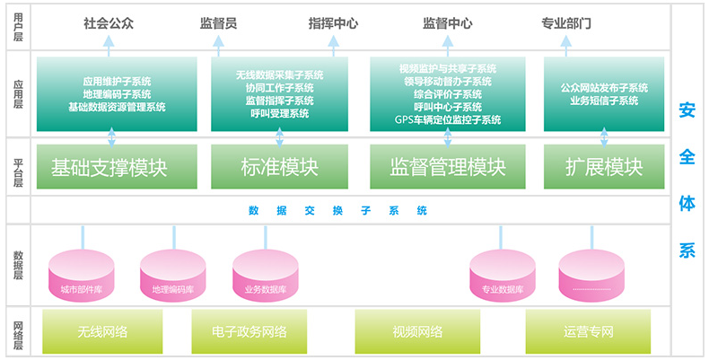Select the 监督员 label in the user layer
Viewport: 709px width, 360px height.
[218, 23]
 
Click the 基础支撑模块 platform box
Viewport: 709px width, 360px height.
[109, 167]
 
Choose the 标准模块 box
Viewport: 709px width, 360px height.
[280, 167]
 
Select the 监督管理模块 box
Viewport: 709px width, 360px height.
[448, 167]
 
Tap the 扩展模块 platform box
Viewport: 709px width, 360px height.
[604, 167]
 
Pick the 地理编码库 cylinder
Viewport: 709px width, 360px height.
[173, 275]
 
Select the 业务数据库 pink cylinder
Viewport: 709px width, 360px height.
[265, 275]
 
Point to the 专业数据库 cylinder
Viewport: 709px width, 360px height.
[503, 275]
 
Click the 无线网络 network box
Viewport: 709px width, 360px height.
[102, 331]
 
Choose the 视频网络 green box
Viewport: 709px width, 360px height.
[417, 331]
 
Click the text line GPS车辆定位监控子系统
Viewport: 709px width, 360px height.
[448, 119]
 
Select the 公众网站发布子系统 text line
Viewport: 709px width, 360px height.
[604, 88]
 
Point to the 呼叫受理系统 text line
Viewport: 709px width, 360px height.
[280, 114]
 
